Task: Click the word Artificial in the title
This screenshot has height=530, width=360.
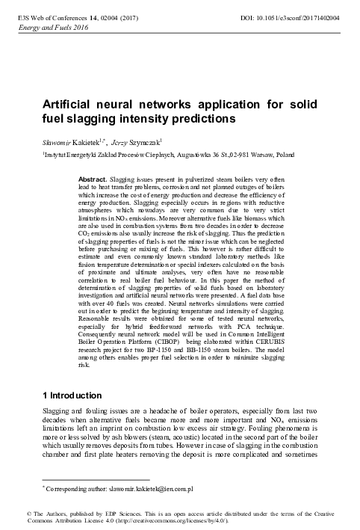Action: pyautogui.click(x=70, y=105)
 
